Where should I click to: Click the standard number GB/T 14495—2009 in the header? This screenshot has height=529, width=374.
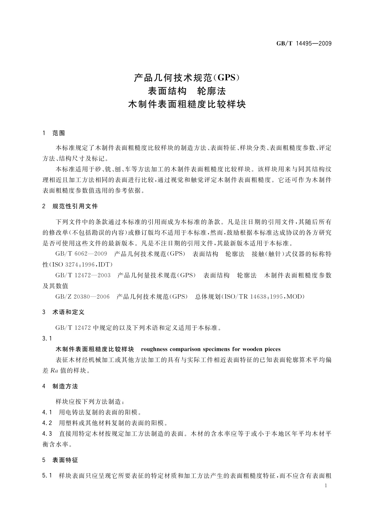coord(304,43)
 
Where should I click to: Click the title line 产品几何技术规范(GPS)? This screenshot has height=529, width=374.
coord(187,77)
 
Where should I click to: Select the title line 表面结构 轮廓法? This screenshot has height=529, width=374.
coord(187,91)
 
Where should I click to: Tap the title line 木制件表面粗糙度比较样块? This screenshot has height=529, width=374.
coord(187,105)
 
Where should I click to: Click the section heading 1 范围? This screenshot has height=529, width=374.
coord(54,133)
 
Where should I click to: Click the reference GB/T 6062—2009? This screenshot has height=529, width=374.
coord(81,254)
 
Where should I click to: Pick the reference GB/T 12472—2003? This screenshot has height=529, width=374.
coord(83,275)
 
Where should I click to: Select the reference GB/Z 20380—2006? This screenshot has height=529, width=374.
coord(82,297)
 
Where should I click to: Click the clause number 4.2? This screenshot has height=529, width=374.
coord(47,423)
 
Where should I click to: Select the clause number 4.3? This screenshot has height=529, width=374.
coord(47,434)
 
